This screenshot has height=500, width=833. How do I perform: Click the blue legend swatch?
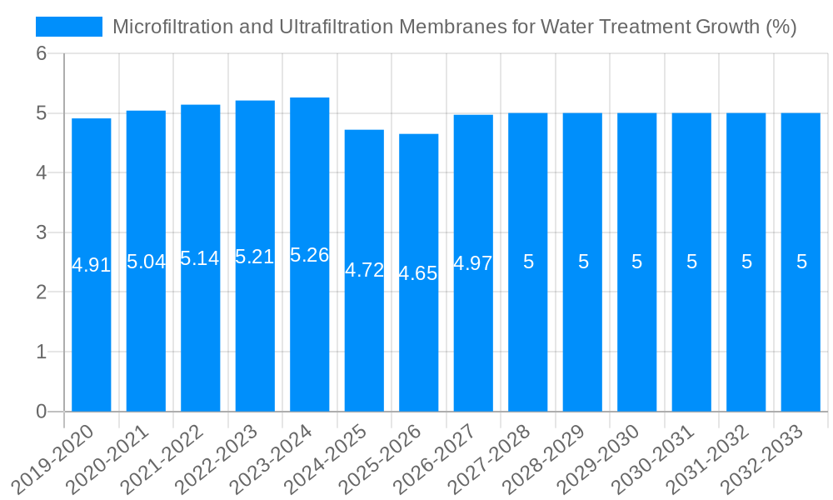[69, 27]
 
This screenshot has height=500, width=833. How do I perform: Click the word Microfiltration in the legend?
[167, 27]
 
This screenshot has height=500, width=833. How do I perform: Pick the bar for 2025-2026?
[419, 333]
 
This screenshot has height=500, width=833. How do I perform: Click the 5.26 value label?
[310, 255]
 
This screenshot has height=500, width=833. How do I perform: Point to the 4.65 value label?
[418, 273]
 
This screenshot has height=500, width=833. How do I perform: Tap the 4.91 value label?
[92, 265]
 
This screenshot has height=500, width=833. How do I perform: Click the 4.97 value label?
[473, 263]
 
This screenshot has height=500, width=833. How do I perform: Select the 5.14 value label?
[200, 258]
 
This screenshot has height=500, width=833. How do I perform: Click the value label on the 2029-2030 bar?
[637, 262]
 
